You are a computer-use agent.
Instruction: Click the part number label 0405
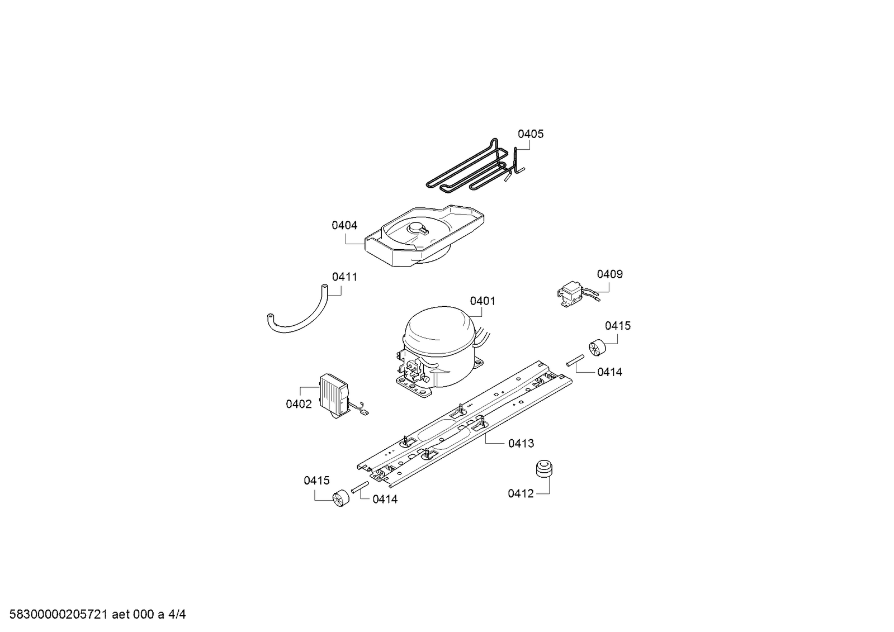pyautogui.click(x=531, y=134)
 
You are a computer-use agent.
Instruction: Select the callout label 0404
pyautogui.click(x=344, y=225)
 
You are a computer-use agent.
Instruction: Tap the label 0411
pyautogui.click(x=344, y=277)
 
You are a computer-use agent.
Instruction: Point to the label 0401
pyautogui.click(x=483, y=301)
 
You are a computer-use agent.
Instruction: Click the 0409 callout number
pyautogui.click(x=609, y=274)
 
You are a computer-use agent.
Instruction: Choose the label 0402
pyautogui.click(x=299, y=404)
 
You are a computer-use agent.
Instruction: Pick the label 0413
pyautogui.click(x=521, y=443)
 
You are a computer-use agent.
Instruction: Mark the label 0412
pyautogui.click(x=521, y=493)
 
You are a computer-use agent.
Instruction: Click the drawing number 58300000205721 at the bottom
pyautogui.click(x=59, y=615)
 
